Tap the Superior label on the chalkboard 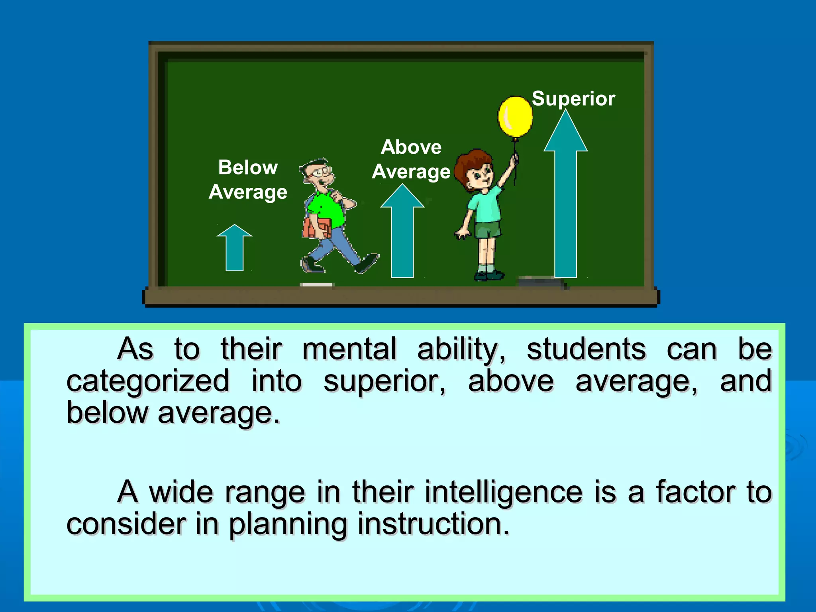click(573, 98)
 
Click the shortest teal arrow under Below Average click(235, 249)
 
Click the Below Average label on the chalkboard click(248, 180)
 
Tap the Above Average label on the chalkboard click(411, 159)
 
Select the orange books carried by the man click(317, 228)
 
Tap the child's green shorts click(488, 230)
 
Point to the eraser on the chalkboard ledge click(542, 282)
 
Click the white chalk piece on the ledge click(316, 284)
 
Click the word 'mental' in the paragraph click(349, 349)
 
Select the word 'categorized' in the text click(148, 381)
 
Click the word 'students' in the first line click(586, 349)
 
